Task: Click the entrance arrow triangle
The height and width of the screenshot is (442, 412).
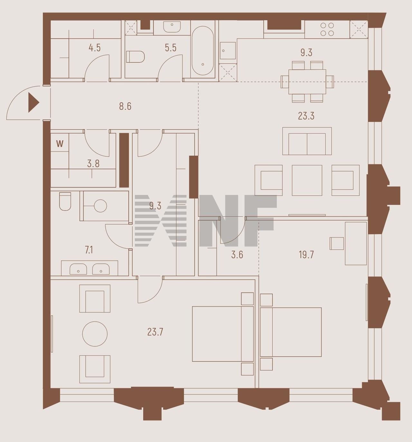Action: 33,103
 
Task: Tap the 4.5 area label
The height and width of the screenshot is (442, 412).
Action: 95,48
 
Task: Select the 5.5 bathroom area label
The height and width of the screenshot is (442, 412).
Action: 171,48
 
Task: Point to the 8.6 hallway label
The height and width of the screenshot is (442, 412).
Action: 125,106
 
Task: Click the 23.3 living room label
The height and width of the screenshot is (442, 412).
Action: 306,116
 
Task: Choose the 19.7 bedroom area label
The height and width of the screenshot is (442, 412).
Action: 306,254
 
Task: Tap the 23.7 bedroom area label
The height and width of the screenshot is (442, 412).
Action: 155,332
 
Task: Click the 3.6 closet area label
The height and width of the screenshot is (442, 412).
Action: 237,254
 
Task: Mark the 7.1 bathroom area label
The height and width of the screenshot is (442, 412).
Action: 89,250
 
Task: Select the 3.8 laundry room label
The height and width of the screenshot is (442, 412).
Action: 93,164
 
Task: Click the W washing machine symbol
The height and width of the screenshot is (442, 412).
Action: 60,144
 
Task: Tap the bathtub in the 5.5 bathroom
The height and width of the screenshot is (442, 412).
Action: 203,51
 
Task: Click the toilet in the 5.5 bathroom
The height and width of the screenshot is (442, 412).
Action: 136,57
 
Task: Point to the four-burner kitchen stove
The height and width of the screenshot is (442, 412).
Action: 327,29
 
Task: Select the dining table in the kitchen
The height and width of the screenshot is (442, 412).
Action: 307,82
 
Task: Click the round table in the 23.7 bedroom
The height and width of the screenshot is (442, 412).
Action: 95,334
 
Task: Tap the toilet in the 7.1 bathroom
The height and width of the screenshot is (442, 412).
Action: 65,201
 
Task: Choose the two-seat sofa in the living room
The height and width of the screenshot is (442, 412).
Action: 307,141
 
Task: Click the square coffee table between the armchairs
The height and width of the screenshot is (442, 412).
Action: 307,180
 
